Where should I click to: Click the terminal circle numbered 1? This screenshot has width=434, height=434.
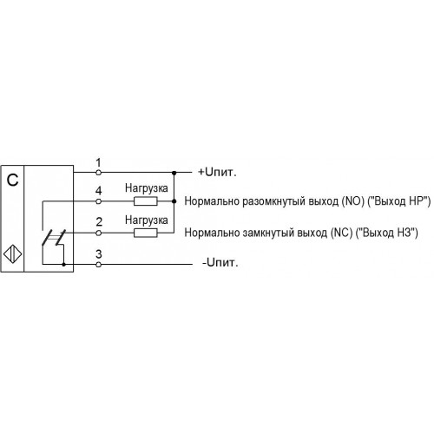[x=98, y=173]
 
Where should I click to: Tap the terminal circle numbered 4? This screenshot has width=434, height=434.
[x=98, y=201]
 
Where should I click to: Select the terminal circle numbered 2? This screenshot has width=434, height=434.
[x=98, y=233]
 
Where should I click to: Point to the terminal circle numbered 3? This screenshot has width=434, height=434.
[x=98, y=264]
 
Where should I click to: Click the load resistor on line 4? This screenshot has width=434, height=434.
[x=146, y=201]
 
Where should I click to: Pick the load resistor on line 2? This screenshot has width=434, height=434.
[x=146, y=233]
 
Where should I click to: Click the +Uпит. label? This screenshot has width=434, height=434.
[x=217, y=172]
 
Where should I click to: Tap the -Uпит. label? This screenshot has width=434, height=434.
[x=220, y=263]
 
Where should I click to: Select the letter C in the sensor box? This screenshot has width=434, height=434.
[x=12, y=181]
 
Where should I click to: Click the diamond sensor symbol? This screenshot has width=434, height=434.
[x=13, y=254]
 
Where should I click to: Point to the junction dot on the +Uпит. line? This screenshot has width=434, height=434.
[x=174, y=173]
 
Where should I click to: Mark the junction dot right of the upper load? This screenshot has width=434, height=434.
[x=174, y=201]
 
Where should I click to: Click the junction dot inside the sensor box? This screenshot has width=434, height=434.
[x=64, y=264]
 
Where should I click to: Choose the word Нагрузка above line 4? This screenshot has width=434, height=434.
[x=147, y=188]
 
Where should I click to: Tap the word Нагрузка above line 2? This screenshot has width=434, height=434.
[x=147, y=220]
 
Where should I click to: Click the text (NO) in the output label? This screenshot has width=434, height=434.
[x=352, y=201]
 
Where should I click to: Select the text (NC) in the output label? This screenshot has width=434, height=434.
[x=342, y=233]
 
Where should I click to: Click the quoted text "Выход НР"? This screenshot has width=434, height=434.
[x=399, y=201]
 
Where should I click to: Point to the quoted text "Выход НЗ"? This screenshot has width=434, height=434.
[x=387, y=233]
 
